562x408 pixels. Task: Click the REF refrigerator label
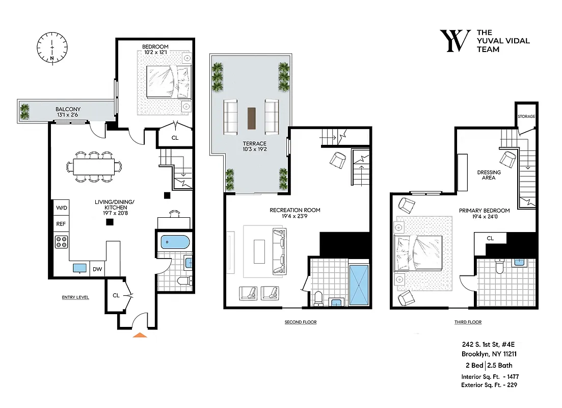[x=60, y=223]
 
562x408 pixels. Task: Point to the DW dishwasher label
[x=97, y=269]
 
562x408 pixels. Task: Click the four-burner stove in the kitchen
[x=62, y=242]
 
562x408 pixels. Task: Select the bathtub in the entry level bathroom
[x=175, y=242]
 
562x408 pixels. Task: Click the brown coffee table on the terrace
[x=251, y=118]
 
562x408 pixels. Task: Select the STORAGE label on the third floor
[x=526, y=117]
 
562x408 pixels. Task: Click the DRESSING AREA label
[x=489, y=175]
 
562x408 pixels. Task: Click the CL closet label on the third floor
[x=490, y=238]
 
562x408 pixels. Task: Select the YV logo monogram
[x=454, y=41]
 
